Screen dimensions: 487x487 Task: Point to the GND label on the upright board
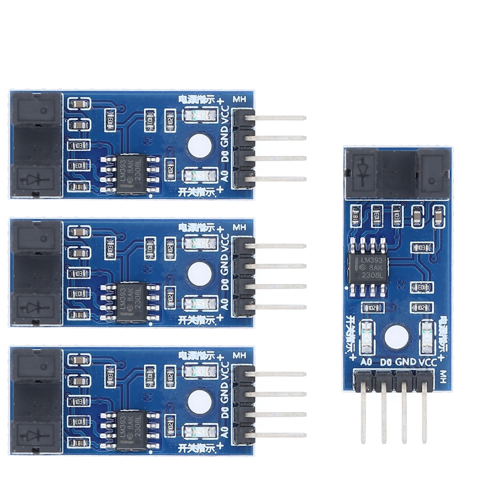406,362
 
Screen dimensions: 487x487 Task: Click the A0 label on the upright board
367,362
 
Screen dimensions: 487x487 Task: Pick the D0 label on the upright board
386,362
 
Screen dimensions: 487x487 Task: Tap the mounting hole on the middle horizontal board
199,274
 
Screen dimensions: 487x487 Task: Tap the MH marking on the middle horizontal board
239,227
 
